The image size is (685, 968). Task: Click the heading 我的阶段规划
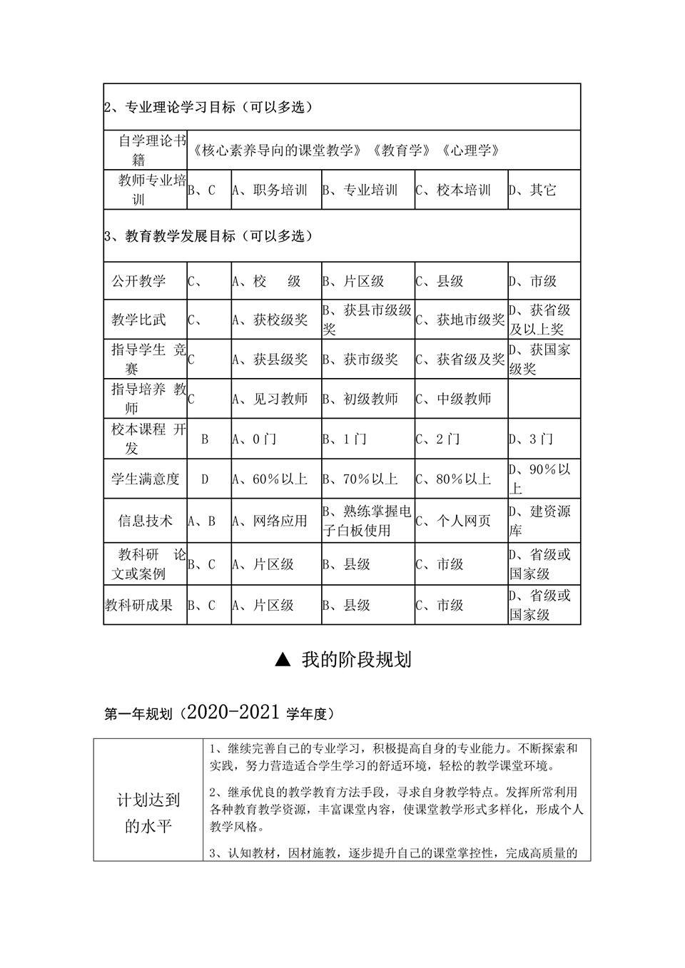[x=356, y=660]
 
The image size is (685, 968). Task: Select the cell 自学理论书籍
[x=146, y=150]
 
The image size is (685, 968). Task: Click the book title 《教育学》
[x=402, y=151]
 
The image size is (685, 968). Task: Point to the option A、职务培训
[x=275, y=190]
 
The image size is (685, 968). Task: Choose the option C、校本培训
[x=460, y=190]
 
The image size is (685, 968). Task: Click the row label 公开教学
[x=138, y=281]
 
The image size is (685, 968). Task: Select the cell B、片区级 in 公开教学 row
[x=367, y=281]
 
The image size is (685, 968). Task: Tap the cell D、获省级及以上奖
[x=544, y=320]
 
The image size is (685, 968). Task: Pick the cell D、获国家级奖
[x=544, y=360]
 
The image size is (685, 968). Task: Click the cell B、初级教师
[x=367, y=399]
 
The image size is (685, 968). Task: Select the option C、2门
[x=460, y=439]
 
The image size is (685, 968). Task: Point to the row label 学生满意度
[x=145, y=479]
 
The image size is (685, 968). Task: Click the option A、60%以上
[x=275, y=479]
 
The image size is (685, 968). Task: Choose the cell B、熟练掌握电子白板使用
[x=367, y=521]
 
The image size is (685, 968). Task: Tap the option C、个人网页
[x=460, y=521]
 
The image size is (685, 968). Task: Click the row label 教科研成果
[x=139, y=605]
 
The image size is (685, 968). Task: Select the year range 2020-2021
[x=232, y=713]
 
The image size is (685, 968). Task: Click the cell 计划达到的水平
[x=148, y=813]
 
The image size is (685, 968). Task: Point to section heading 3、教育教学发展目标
[x=208, y=236]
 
